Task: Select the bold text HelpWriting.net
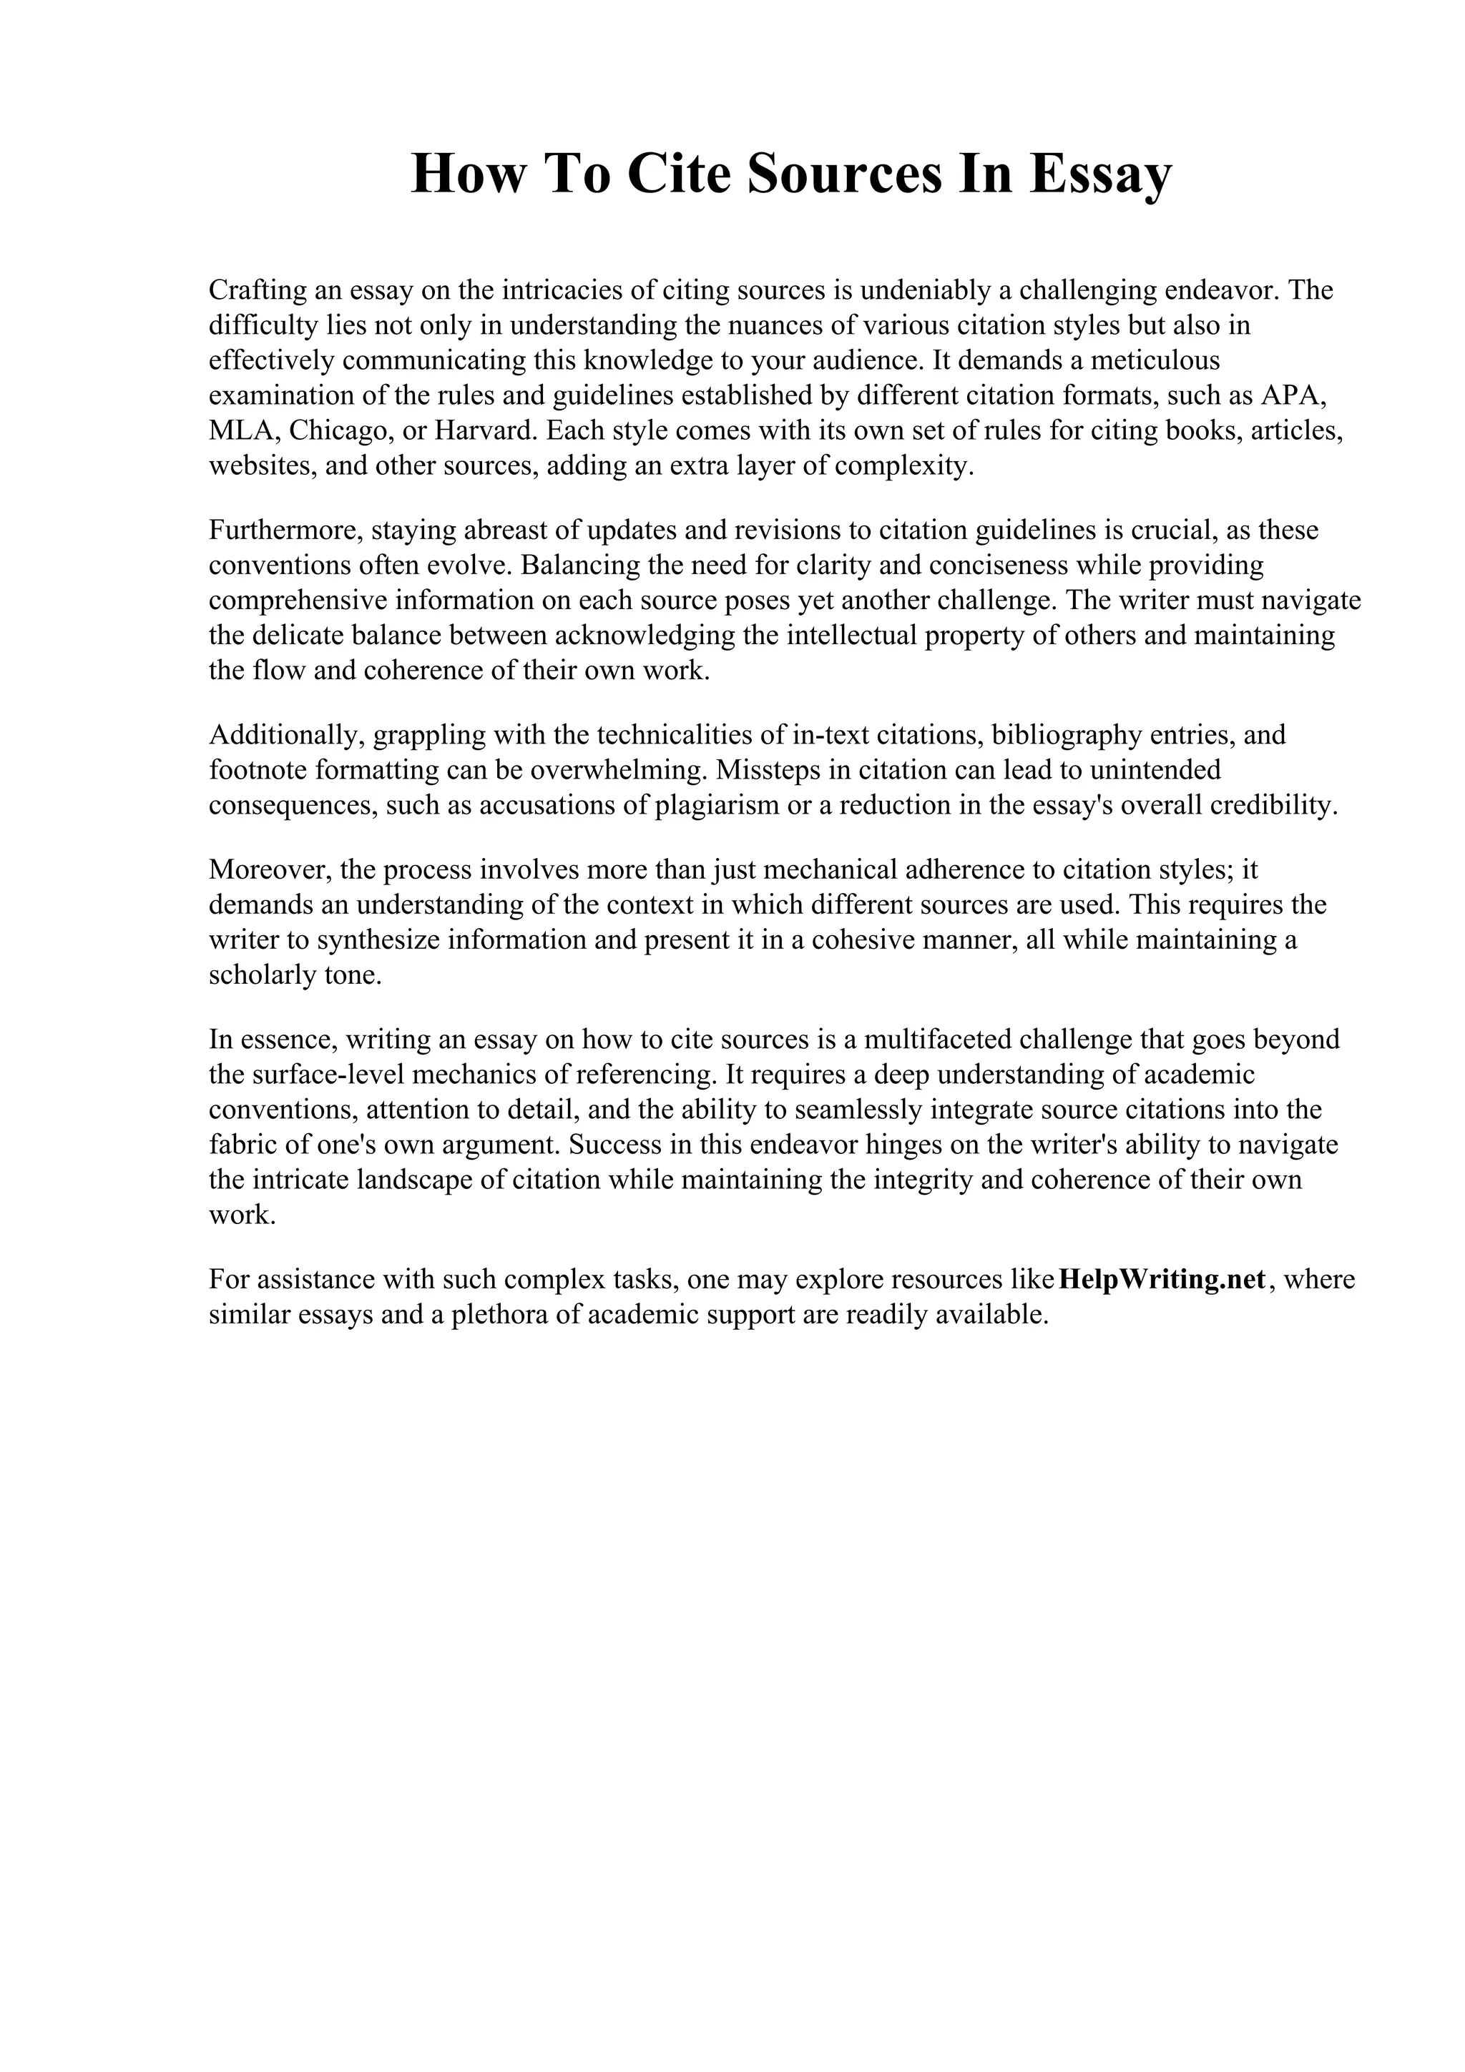1162,1280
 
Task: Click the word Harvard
486,430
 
